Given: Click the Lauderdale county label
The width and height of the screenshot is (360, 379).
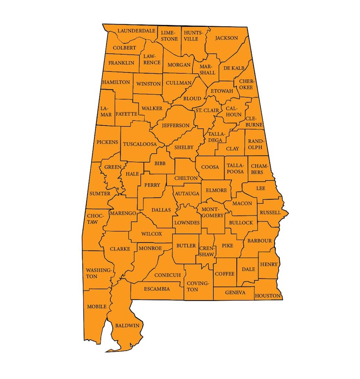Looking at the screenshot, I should [x=136, y=31].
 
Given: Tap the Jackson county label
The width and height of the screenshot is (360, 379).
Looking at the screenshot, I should [x=226, y=38].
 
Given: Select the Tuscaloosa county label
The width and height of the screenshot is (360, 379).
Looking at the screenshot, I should [x=140, y=144].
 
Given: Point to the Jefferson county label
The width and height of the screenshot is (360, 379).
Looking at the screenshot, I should [x=175, y=125].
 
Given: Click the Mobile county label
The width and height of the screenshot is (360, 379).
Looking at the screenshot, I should [x=97, y=306].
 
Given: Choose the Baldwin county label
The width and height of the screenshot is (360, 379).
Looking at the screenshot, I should [x=127, y=325].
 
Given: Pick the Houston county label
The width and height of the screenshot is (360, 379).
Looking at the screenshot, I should [x=268, y=296].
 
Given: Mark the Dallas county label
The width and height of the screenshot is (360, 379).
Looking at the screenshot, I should [x=162, y=210].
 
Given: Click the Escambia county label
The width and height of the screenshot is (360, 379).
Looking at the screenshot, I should [x=157, y=289].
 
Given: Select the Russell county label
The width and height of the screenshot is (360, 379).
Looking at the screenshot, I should [x=270, y=212].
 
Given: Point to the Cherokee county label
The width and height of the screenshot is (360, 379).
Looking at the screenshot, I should [x=245, y=84].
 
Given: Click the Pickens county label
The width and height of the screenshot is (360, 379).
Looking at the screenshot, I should [x=107, y=142].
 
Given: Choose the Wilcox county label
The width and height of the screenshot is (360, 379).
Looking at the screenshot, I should [x=151, y=234].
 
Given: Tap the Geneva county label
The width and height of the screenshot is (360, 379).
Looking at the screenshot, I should [x=235, y=293].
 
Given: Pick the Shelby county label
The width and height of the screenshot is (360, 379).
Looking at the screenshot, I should [x=184, y=148].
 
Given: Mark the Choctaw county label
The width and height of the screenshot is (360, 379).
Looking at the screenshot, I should [x=92, y=219].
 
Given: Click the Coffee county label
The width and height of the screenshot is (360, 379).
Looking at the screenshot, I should [x=224, y=274].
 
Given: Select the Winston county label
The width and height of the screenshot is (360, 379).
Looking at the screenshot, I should [x=148, y=84].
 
